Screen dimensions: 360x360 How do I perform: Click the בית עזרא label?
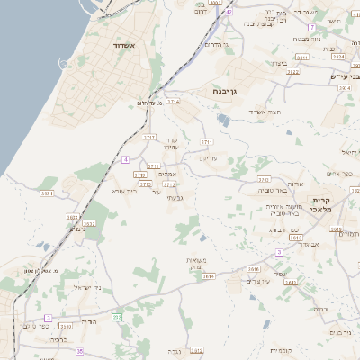[122, 191]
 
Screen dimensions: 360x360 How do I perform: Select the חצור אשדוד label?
[267, 111]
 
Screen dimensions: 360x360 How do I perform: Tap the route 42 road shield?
[229, 12]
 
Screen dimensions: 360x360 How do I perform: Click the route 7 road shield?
[310, 27]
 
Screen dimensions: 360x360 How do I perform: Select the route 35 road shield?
[79, 351]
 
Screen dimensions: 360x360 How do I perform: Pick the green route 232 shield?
[117, 316]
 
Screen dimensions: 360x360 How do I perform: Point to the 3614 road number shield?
[208, 275]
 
